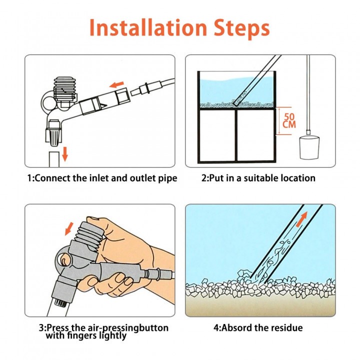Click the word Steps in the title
click(x=242, y=29)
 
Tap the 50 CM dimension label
click(x=289, y=120)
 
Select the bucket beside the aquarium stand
click(x=309, y=147)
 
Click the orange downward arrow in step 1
click(x=65, y=154)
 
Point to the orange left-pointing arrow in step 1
click(x=116, y=85)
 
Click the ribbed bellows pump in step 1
click(x=65, y=89)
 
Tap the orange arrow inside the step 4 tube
click(x=301, y=219)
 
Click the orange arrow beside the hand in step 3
click(x=69, y=228)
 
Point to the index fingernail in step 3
click(x=120, y=278)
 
